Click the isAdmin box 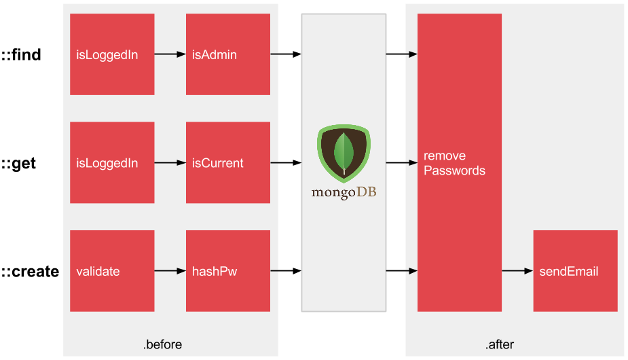227,54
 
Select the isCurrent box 227,163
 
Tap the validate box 112,271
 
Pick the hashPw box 227,271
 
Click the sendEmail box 575,271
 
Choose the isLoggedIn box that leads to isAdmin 112,54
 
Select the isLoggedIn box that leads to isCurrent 112,163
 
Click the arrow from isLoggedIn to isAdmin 170,54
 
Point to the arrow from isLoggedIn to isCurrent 170,163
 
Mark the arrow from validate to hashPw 170,271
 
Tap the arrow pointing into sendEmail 517,271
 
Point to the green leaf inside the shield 344,153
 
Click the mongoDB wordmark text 344,192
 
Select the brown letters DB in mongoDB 367,192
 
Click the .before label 162,345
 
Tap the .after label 500,345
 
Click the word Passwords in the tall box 454,170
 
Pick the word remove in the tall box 445,156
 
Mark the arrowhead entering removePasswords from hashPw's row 413,271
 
